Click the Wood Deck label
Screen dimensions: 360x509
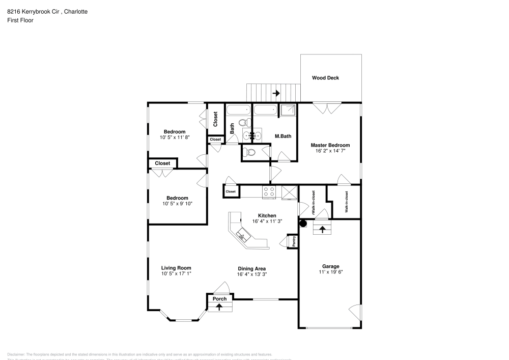[325, 78]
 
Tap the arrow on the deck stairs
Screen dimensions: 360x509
[276, 93]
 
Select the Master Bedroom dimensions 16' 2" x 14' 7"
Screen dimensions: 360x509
[330, 151]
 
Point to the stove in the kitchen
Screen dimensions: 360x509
[268, 192]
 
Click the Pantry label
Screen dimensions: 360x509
[294, 241]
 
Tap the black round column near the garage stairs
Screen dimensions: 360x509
[303, 223]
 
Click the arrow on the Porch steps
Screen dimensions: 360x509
[219, 307]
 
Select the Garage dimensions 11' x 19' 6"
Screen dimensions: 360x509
[330, 272]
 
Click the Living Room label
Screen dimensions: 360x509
[176, 268]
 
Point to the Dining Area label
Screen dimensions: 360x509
[251, 268]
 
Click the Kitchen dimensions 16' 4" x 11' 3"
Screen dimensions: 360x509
[267, 221]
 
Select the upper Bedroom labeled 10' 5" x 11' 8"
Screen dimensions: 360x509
[174, 132]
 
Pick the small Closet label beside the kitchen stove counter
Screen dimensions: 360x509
[231, 191]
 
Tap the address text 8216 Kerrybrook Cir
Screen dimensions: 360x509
[32, 11]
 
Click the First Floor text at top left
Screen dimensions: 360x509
[20, 20]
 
